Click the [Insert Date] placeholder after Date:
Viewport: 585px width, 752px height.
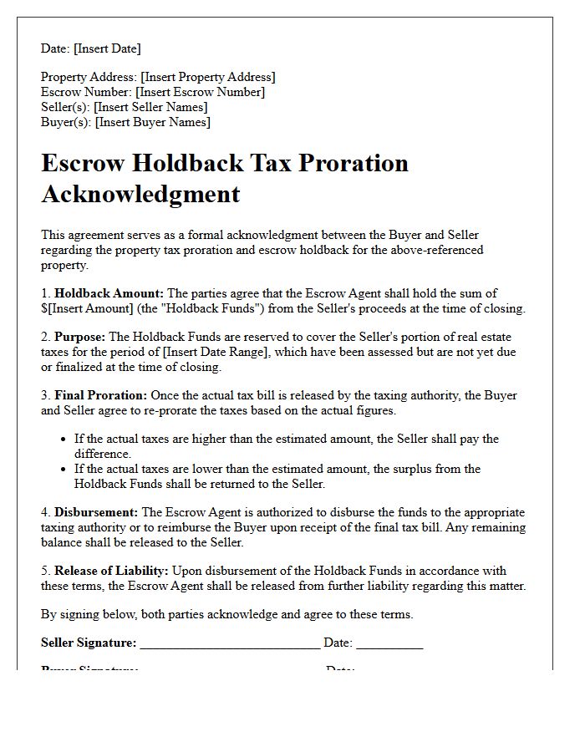coord(107,48)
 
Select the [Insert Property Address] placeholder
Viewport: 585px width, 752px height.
coord(207,77)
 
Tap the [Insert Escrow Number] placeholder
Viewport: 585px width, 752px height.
coord(200,92)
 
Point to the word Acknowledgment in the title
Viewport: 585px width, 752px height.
coord(140,194)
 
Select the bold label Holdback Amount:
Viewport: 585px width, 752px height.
coord(109,293)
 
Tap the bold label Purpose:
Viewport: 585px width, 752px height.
coord(80,337)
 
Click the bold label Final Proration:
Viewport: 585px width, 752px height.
coord(100,395)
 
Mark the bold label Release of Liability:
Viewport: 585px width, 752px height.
coord(111,571)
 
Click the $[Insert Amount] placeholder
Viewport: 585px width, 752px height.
coord(84,308)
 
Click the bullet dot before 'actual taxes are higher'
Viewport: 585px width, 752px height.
coord(64,439)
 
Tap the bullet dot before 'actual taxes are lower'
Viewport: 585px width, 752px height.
coord(64,469)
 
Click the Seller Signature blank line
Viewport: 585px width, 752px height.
coord(230,644)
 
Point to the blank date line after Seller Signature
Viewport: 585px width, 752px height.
coord(389,644)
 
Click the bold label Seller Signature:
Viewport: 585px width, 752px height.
coord(89,643)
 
